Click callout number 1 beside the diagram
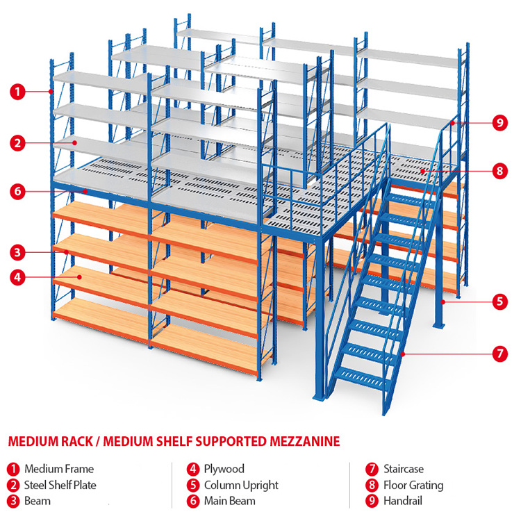[18, 91]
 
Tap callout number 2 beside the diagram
[18, 144]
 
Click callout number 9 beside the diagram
[499, 123]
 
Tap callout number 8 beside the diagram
[499, 169]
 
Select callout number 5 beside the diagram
[499, 301]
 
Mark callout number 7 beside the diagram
[499, 354]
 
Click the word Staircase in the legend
[403, 469]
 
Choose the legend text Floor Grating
[413, 485]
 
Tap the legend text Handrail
[402, 501]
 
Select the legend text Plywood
[224, 469]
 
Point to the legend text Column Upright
[241, 485]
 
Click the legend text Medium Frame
[58, 469]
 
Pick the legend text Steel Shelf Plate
[60, 485]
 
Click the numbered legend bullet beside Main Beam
[192, 501]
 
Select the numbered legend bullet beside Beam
[13, 501]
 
